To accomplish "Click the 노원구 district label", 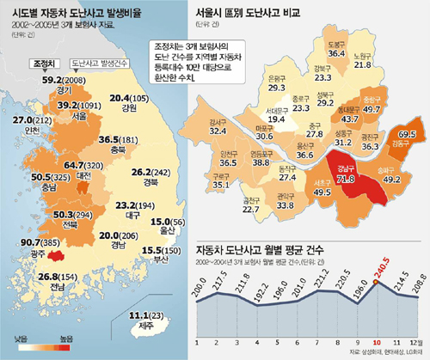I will [x=363, y=54].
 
